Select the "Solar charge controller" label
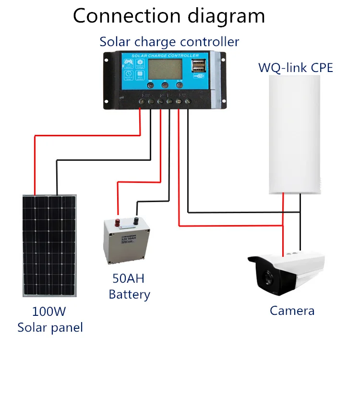[169, 42]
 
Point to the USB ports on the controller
[198, 66]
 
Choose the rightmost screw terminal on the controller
[189, 102]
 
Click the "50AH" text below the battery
[128, 278]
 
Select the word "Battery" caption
[129, 294]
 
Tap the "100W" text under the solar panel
[49, 311]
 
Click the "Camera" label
[292, 311]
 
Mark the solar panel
[49, 245]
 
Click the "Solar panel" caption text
[50, 328]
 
